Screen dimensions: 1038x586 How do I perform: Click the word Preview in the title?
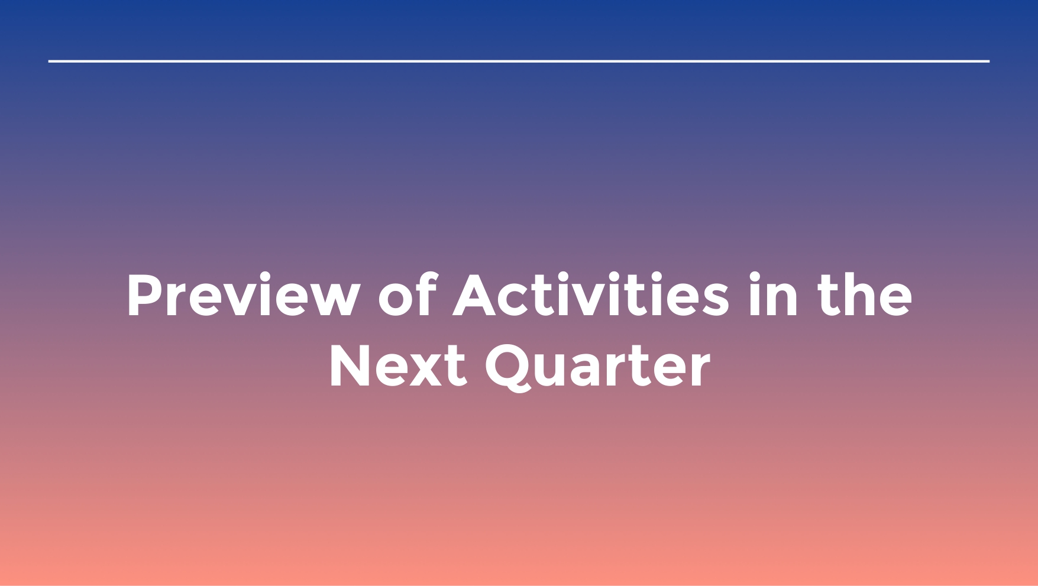click(244, 295)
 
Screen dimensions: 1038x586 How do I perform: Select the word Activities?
click(591, 294)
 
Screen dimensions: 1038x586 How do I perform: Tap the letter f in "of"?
click(427, 294)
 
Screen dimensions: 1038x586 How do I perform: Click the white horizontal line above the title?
click(519, 61)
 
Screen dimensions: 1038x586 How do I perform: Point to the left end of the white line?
click(49, 61)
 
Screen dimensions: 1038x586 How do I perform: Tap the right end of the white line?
click(989, 61)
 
